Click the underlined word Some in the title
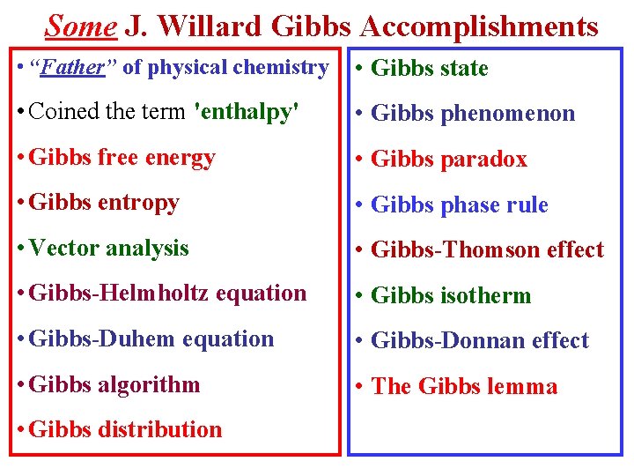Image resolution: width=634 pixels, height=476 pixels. (80, 26)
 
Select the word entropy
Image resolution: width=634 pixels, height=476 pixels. (137, 203)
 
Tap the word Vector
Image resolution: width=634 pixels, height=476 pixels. (64, 249)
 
